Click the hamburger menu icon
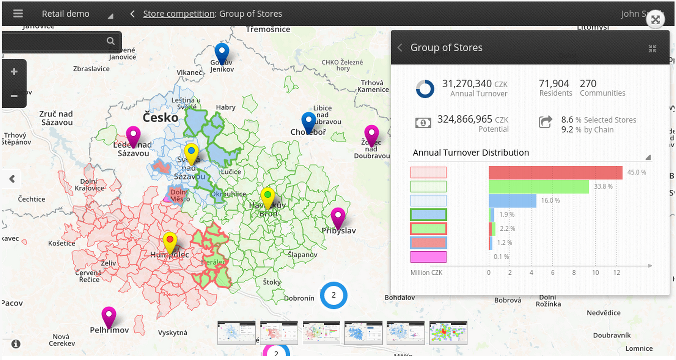pos(18,14)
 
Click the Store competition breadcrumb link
pos(179,14)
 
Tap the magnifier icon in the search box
pos(111,41)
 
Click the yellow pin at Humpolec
pos(170,241)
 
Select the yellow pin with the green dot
pos(268,196)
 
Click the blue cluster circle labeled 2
pos(334,295)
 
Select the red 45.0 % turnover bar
pos(555,173)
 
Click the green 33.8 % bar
pos(538,187)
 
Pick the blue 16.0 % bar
pos(512,201)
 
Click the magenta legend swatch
pos(428,257)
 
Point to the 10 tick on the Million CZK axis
pos(595,272)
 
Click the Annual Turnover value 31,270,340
pos(467,84)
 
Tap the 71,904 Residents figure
pos(554,84)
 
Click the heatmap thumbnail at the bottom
pos(448,333)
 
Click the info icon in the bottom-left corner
pos(16,344)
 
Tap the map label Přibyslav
pos(338,231)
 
